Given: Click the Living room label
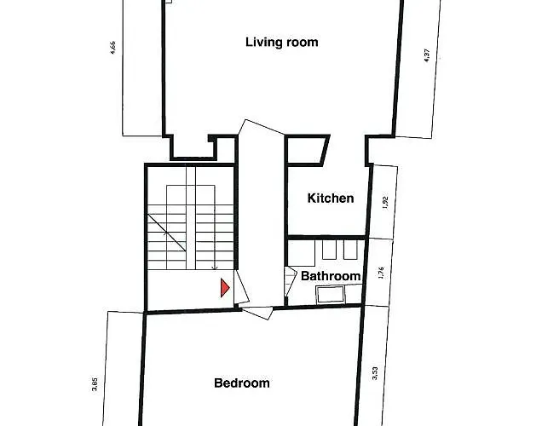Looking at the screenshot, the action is tap(282, 42).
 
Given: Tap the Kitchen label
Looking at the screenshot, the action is tap(331, 199).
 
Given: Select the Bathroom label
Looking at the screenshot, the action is tap(331, 276).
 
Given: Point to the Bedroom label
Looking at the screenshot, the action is tap(242, 383).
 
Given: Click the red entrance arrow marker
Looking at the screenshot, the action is tap(225, 288).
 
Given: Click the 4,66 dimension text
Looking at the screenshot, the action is tap(112, 48).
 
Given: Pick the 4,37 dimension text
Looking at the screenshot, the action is tap(427, 55).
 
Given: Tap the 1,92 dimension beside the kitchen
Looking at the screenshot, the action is tap(386, 203).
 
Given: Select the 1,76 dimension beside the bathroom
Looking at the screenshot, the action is tap(381, 273).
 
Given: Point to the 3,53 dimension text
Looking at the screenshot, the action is tap(375, 373).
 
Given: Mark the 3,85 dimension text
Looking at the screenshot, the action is tap(95, 384).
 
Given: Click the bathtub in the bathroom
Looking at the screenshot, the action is tap(330, 294).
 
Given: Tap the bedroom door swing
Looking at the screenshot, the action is tap(257, 313).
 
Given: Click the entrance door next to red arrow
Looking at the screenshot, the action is tap(241, 287).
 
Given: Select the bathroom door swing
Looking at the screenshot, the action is tap(290, 281).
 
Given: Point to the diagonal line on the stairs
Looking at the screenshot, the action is tap(167, 233).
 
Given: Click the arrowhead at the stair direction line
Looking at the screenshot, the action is tap(214, 268).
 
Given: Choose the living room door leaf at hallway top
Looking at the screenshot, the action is tap(262, 126).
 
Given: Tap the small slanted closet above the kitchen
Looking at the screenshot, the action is tap(307, 150).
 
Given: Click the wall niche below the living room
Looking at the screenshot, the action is tap(193, 148).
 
